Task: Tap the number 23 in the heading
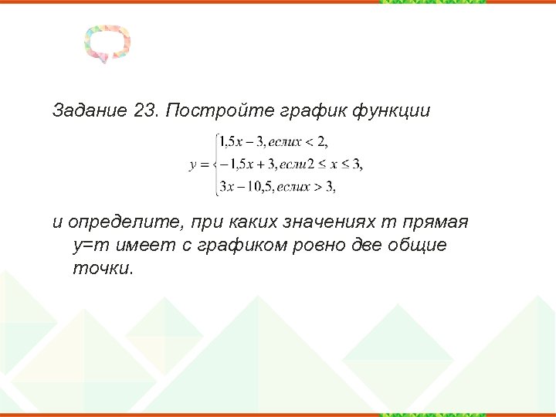[145, 110]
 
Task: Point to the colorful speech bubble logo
[107, 45]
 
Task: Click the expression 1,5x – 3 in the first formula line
[241, 141]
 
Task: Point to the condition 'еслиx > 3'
[306, 186]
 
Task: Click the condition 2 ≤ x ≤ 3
[334, 164]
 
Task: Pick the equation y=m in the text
[93, 246]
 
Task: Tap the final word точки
[102, 268]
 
